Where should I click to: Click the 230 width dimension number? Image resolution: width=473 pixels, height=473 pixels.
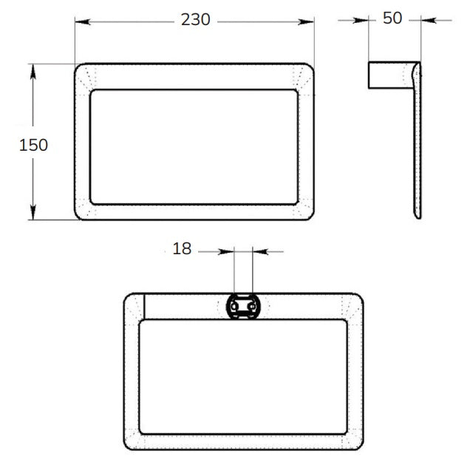pyautogui.click(x=195, y=20)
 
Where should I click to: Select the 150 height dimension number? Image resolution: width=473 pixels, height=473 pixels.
pyautogui.click(x=33, y=145)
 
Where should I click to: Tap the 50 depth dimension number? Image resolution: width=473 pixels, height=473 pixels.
pyautogui.click(x=392, y=18)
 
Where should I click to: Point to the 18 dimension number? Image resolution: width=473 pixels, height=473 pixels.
pyautogui.click(x=182, y=249)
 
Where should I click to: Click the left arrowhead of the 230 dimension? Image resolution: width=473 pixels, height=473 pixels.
pyautogui.click(x=82, y=21)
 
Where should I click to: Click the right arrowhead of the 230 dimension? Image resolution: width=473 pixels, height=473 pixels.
pyautogui.click(x=306, y=21)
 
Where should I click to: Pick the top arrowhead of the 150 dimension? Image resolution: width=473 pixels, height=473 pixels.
pyautogui.click(x=33, y=72)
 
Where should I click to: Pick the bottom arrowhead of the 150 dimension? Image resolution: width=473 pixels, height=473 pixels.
pyautogui.click(x=33, y=212)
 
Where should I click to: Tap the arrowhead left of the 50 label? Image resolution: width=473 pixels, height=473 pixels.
pyautogui.click(x=361, y=21)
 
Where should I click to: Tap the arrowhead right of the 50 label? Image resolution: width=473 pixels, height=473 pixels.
pyautogui.click(x=429, y=21)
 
